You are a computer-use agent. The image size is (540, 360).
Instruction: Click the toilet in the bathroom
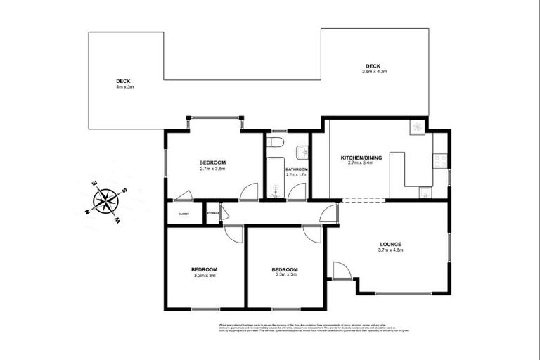coord(278,143)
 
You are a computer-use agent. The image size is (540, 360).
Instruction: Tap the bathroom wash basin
coord(302,150)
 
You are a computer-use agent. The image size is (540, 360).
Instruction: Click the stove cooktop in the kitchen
coord(440,161)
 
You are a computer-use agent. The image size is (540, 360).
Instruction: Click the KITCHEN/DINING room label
coord(361,158)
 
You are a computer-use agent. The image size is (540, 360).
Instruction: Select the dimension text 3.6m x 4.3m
coord(374,72)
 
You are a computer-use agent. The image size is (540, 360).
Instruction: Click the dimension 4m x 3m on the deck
coord(124,86)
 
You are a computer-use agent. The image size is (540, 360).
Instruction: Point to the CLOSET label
coord(184,213)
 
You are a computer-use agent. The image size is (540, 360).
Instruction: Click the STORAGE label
coord(213,213)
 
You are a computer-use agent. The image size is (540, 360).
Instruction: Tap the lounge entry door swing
coord(341,271)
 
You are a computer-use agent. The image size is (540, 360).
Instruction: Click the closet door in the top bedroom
coord(182,196)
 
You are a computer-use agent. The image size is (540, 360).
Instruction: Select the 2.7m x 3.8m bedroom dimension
coord(212,169)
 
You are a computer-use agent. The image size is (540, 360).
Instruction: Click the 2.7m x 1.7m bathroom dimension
coord(297,174)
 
